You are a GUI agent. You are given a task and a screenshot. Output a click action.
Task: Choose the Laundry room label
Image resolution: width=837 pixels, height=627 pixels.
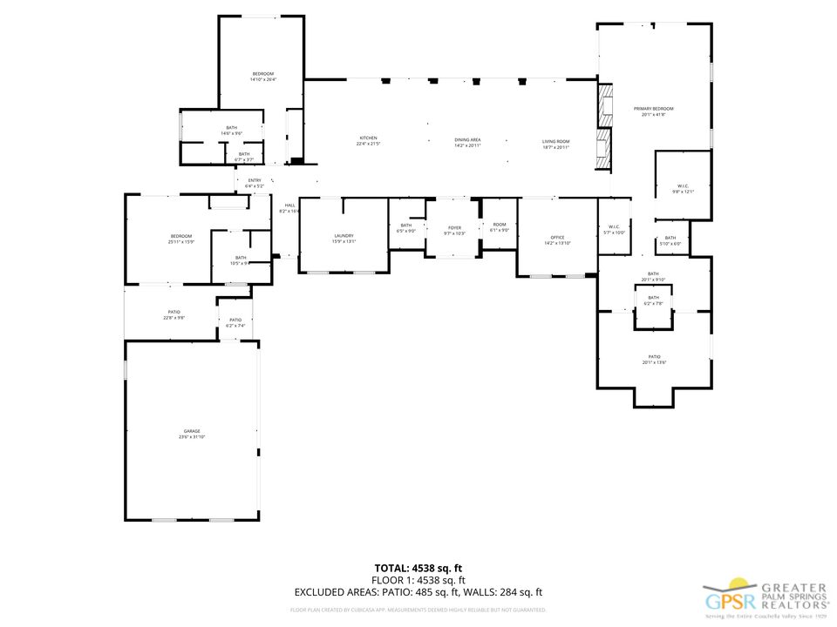point(344,238)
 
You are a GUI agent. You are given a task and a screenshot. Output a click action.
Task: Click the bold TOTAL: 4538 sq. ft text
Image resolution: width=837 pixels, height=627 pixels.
point(418,568)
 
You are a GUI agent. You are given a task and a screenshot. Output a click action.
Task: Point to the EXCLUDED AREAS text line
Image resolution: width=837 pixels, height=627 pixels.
point(418,591)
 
